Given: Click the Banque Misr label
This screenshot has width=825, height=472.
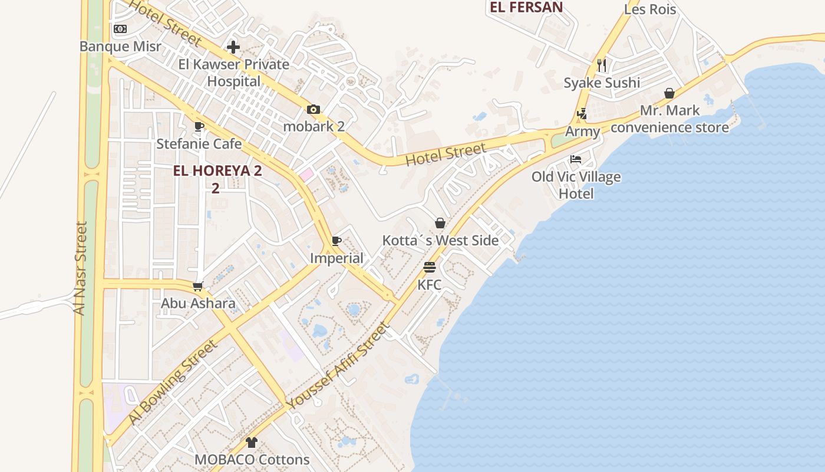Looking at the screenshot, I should [x=120, y=46].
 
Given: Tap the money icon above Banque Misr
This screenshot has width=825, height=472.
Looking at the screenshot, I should [x=120, y=28].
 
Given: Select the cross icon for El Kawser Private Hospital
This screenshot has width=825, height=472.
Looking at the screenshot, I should [x=233, y=47].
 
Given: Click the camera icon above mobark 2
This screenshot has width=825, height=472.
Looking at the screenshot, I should [x=313, y=109].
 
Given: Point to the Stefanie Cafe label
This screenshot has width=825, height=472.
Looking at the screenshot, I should [x=199, y=143].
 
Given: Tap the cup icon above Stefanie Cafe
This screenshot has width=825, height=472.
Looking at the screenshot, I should [x=199, y=126].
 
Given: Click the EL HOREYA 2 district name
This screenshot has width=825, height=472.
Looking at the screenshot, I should [x=217, y=171].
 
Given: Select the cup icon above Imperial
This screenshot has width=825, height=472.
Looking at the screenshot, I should [x=336, y=241].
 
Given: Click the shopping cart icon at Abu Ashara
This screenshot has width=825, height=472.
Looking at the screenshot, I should [x=198, y=286].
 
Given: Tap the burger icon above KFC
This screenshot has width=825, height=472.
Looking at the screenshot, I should [x=429, y=267].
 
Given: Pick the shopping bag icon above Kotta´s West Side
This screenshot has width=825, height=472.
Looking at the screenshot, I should [x=440, y=223].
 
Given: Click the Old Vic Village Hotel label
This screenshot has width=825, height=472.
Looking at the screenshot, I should [x=576, y=185].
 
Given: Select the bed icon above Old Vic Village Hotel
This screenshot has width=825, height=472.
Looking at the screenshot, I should [x=576, y=159].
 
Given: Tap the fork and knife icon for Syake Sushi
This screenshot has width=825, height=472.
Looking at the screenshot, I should [x=601, y=65].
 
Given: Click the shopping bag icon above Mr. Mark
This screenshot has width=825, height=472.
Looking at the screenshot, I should [x=669, y=93].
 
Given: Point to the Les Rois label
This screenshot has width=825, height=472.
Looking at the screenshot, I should [x=649, y=9].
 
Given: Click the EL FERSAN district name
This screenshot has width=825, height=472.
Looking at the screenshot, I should [x=526, y=7].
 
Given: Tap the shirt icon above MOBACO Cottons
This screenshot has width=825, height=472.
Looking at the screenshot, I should [x=252, y=442].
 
